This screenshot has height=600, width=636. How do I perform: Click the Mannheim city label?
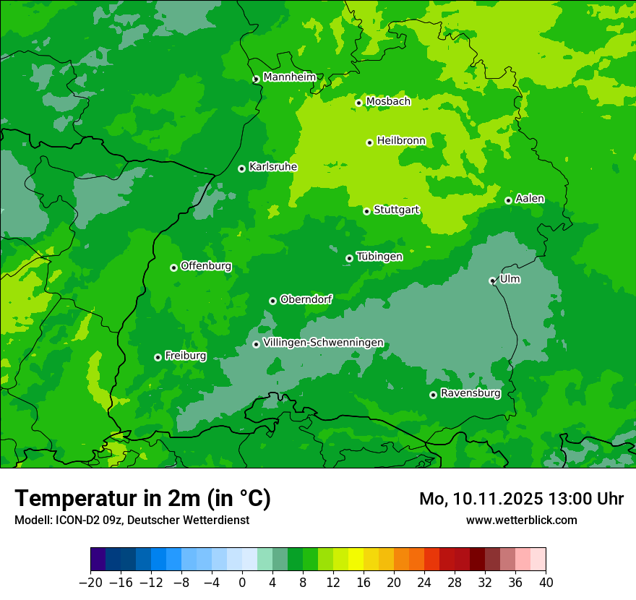289,77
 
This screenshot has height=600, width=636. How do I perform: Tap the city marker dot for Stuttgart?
367,211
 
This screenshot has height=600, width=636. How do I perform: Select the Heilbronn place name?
401,141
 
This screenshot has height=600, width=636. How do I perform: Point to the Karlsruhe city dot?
241,168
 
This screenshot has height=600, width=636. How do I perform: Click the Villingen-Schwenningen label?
323,343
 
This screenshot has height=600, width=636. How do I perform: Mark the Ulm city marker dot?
492,280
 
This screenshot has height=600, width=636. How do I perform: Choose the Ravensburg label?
470,393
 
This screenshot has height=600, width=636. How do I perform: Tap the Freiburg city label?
185,356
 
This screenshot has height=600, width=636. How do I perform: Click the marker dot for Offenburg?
173,267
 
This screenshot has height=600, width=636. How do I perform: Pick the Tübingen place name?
379,257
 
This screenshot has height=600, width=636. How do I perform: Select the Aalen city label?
530,199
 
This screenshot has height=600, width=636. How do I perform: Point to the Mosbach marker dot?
358,103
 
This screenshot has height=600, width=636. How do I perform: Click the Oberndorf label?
306,299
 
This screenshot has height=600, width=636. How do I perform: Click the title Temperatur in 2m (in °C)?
142,499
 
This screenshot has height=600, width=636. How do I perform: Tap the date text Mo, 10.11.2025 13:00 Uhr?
521,500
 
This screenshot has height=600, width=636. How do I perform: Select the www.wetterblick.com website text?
521,520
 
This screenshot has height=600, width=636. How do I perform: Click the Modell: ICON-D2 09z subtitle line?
132,520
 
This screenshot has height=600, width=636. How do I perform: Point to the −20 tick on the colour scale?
90,583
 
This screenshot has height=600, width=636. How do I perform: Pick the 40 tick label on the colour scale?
546,583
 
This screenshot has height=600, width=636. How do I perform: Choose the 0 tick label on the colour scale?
242,583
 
